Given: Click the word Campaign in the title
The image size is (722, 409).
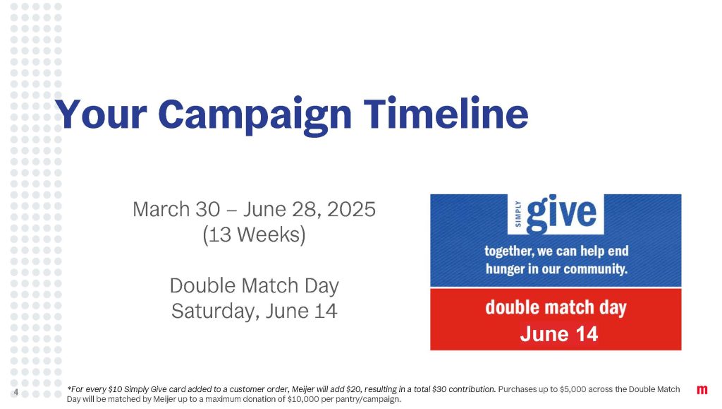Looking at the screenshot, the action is click(255, 115).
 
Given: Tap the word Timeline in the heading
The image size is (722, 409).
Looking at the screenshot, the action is click(446, 113).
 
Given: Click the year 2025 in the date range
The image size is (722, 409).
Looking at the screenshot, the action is click(351, 209).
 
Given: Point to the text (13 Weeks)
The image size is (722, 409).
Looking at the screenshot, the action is click(254, 235).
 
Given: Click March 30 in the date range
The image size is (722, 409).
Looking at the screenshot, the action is click(176, 209).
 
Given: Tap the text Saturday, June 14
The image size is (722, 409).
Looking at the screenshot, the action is click(254, 312).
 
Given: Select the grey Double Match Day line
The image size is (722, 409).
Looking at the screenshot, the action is click(254, 286).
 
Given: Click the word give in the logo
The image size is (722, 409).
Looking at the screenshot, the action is click(561, 213).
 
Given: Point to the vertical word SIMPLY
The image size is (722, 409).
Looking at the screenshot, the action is click(518, 213).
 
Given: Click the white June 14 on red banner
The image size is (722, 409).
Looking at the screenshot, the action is click(559, 334).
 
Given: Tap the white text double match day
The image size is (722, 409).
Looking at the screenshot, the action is click(556, 307).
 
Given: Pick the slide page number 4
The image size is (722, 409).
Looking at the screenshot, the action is click(16, 393).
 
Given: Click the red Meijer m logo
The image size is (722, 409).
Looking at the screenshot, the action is click(702, 390).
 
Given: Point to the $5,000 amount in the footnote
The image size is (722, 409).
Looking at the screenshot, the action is click(573, 389).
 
